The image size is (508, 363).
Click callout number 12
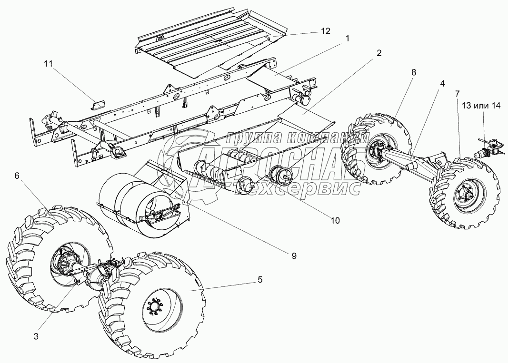pyautogui.click(x=325, y=31)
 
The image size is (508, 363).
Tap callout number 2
pyautogui.click(x=379, y=53)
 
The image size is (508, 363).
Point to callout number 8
pyautogui.click(x=413, y=72)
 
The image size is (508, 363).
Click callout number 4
pyautogui.click(x=442, y=83)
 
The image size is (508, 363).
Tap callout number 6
pyautogui.click(x=17, y=176)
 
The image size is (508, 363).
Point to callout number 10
pyautogui.click(x=336, y=220)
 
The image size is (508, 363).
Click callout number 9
pyautogui.click(x=294, y=255)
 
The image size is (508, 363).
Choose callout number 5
pyautogui.click(x=259, y=279)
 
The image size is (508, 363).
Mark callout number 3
pyautogui.click(x=36, y=336)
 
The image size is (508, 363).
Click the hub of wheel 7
pyautogui.click(x=466, y=195)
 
